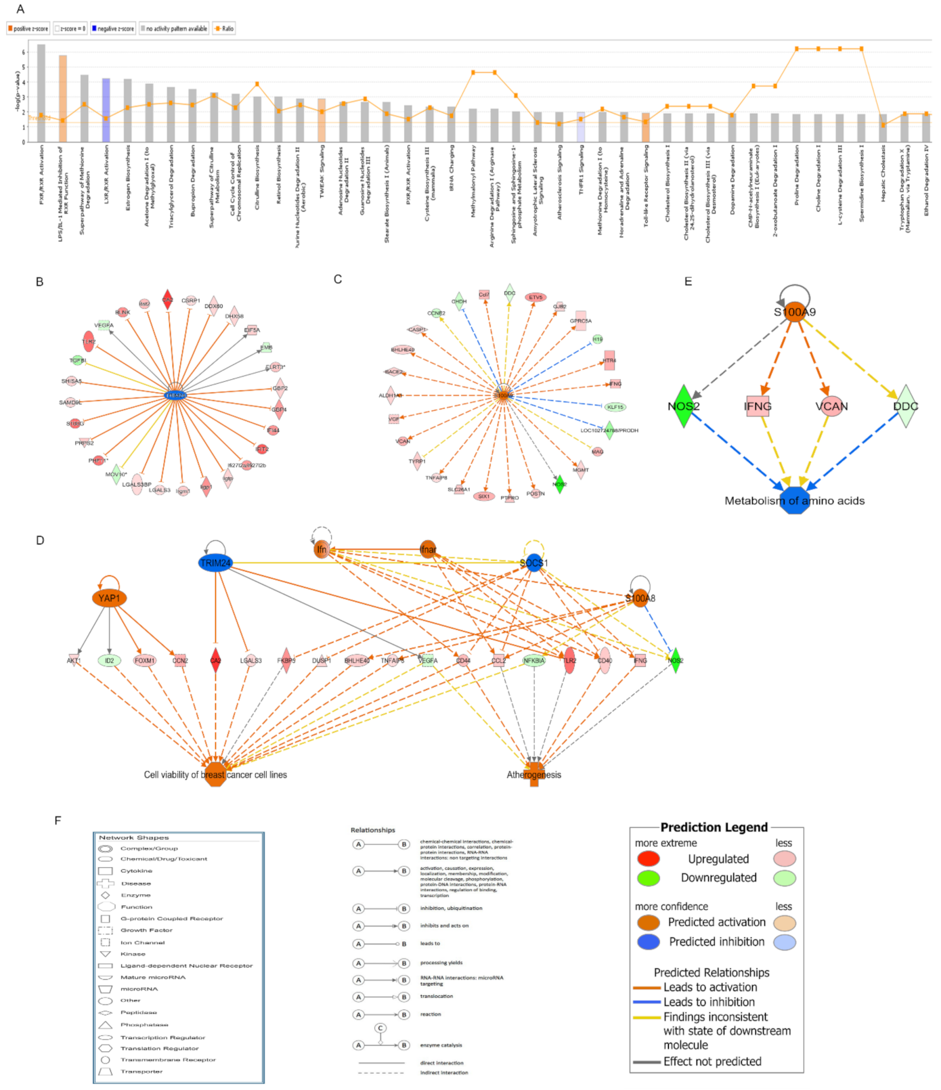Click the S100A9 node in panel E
click(795, 311)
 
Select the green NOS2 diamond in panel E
click(684, 406)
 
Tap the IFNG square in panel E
click(758, 406)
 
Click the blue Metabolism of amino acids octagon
click(795, 500)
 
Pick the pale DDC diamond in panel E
click(905, 406)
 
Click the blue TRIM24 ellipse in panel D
click(215, 563)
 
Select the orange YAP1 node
click(109, 598)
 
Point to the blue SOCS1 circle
click(534, 563)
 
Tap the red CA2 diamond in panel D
click(215, 660)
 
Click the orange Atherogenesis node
click(534, 774)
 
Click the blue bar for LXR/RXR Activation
click(106, 110)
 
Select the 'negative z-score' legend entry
click(113, 28)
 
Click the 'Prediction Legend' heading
click(714, 827)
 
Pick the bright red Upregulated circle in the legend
click(649, 858)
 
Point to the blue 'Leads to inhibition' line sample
click(647, 1002)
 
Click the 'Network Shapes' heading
click(133, 837)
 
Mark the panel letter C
click(338, 279)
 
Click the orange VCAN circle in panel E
click(831, 406)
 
